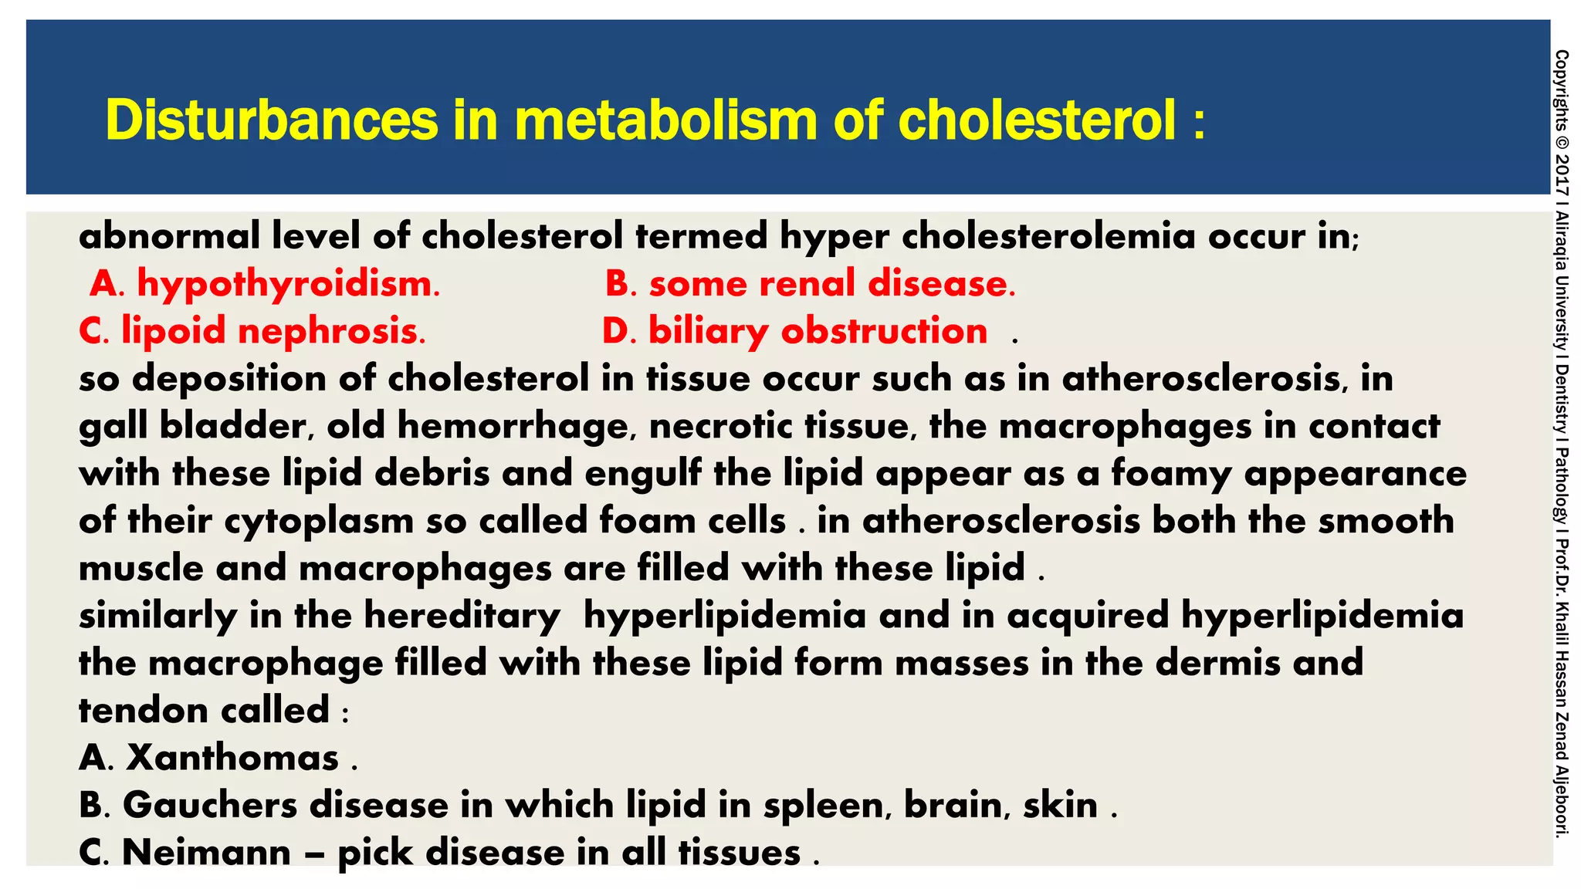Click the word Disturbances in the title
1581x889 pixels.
(272, 120)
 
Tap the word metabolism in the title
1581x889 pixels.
(665, 120)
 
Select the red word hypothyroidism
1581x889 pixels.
(288, 284)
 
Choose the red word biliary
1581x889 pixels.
(708, 332)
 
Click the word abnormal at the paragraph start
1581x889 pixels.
(169, 235)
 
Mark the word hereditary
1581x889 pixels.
(462, 616)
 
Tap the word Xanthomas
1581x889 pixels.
(232, 758)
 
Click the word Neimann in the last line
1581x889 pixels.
(206, 853)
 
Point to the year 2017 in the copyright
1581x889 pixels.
(1562, 174)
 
